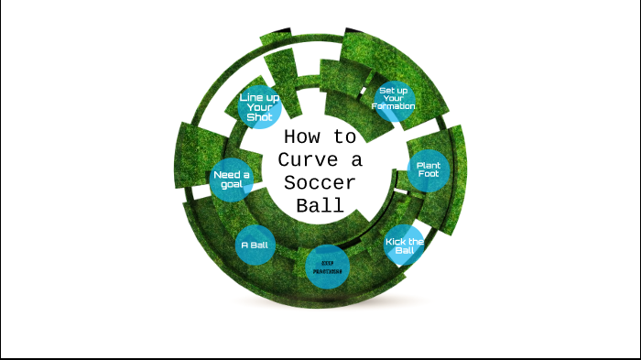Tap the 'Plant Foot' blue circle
click(429, 170)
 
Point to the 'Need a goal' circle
click(231, 179)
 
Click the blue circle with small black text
click(327, 267)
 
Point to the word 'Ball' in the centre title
click(320, 205)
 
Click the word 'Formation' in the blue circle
click(395, 106)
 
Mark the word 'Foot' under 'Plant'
click(429, 176)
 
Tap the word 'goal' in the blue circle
click(230, 184)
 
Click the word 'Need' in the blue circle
click(225, 173)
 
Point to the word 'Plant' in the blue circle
click(429, 166)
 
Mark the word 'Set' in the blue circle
click(386, 90)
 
